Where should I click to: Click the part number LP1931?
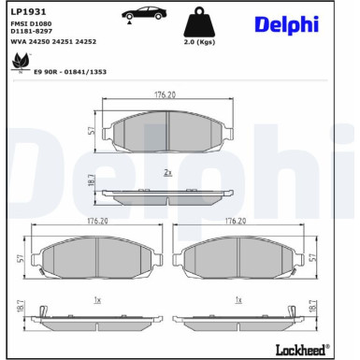(28, 12)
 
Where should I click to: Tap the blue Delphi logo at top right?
(287, 24)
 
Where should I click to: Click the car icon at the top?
(144, 14)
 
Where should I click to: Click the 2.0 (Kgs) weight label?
(199, 42)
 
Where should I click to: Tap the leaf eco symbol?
(22, 62)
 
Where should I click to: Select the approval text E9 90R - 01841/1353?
(70, 72)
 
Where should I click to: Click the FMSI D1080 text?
(31, 23)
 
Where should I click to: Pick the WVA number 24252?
(86, 41)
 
